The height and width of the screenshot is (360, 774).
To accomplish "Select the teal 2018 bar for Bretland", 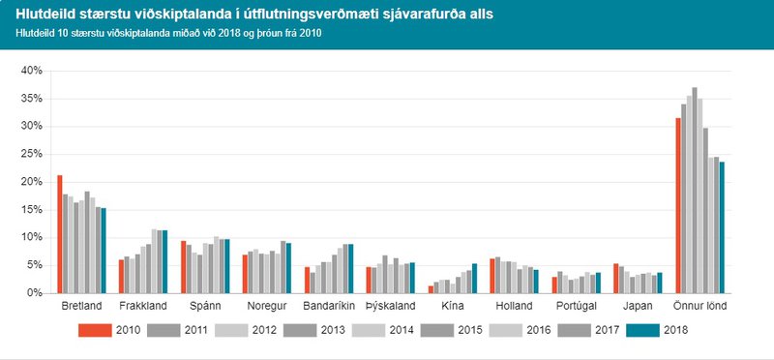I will [x=104, y=251].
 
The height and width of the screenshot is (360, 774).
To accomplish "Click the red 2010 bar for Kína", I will [x=431, y=288].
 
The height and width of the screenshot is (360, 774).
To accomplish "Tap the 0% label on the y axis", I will [x=34, y=292].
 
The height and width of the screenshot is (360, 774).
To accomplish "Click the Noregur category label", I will [x=267, y=307].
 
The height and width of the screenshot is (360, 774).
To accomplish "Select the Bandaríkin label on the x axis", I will [x=329, y=307].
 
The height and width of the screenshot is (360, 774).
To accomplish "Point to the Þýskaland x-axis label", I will [x=391, y=307].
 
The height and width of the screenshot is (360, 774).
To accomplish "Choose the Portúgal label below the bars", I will [x=576, y=307].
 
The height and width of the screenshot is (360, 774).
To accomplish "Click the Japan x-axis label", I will [x=638, y=307].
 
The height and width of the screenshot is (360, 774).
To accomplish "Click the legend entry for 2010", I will [x=111, y=330].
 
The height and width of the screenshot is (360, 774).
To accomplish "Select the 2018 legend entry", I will [x=658, y=330].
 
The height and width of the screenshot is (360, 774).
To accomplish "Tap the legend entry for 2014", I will [x=384, y=330].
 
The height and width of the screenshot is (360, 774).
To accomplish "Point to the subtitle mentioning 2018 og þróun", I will [x=168, y=32].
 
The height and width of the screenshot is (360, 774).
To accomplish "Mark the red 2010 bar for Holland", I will [x=492, y=276].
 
